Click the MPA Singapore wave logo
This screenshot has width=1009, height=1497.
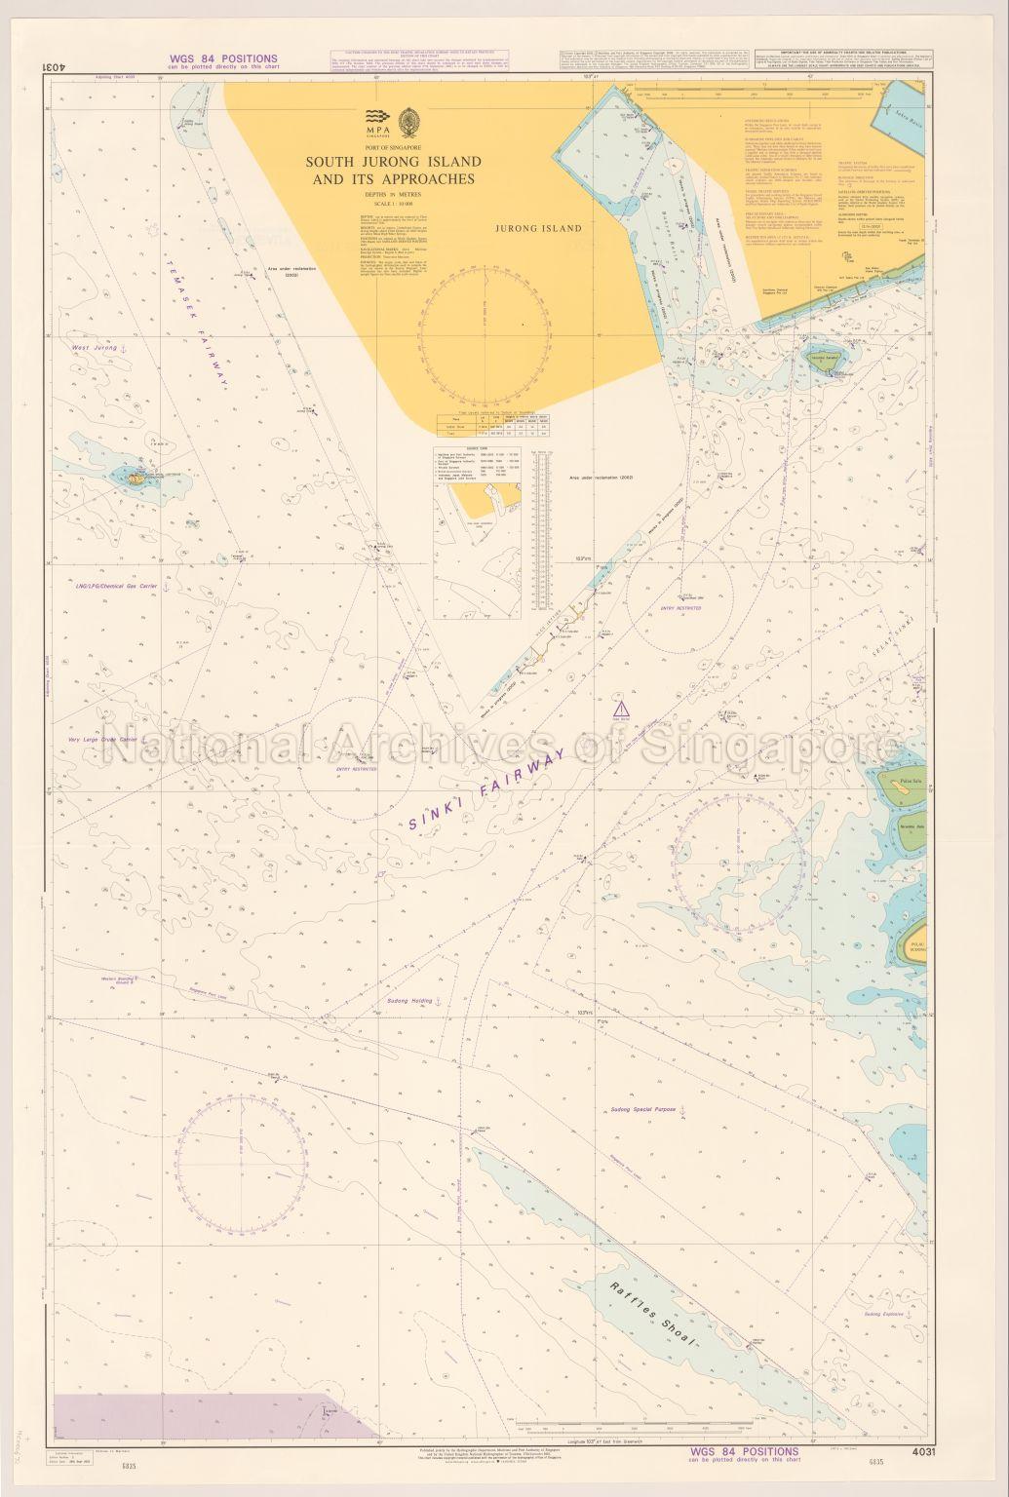pyautogui.click(x=377, y=117)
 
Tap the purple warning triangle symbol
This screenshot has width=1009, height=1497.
pyautogui.click(x=617, y=707)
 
